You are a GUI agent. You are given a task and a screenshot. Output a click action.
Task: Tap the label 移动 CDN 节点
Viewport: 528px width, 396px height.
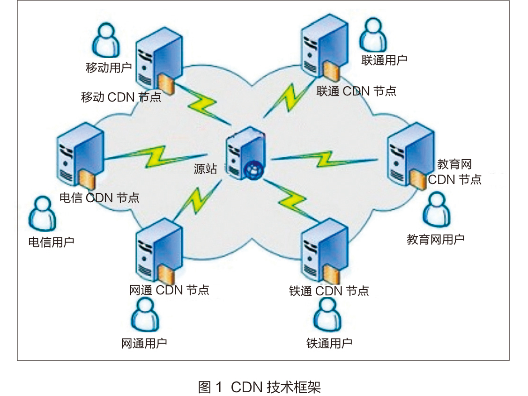(x=121, y=97)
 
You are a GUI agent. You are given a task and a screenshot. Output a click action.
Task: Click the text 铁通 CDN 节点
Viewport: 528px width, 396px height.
(x=329, y=291)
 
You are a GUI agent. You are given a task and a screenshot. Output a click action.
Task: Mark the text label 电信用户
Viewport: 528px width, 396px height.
(x=52, y=242)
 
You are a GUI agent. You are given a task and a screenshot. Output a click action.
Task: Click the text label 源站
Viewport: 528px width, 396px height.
(x=206, y=169)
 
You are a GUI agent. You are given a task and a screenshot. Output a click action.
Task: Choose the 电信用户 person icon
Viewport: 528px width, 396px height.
(x=42, y=214)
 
